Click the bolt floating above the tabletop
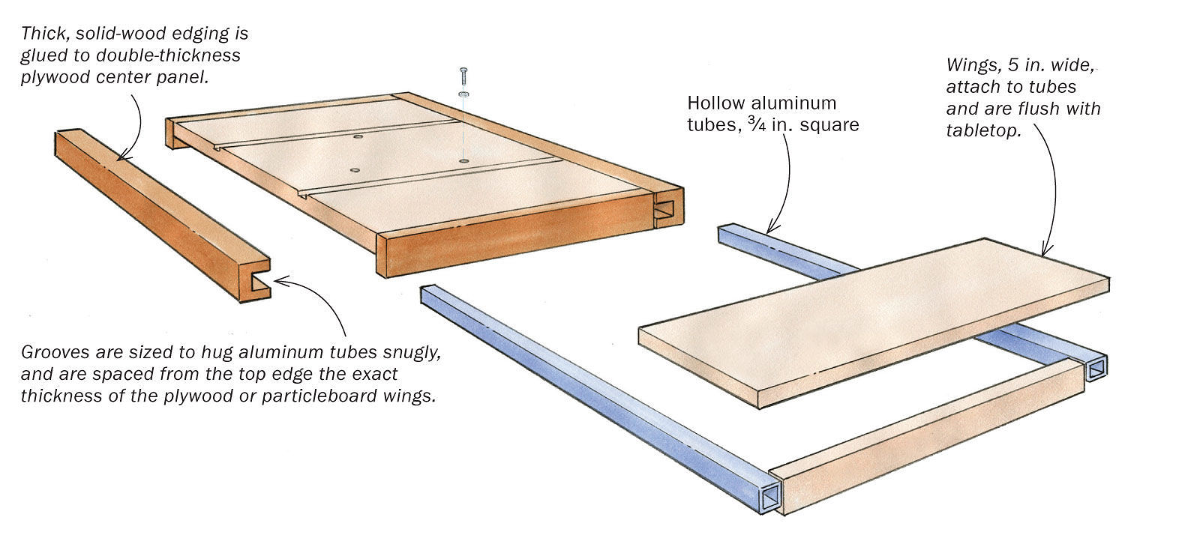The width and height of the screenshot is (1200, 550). (x=464, y=76)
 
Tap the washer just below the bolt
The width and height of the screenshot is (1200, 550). (x=464, y=94)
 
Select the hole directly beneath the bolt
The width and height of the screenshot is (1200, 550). (x=464, y=160)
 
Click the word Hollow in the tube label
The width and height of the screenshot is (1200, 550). (x=712, y=103)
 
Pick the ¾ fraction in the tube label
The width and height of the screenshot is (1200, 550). (x=749, y=124)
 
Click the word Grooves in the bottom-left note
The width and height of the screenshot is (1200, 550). (x=50, y=352)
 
